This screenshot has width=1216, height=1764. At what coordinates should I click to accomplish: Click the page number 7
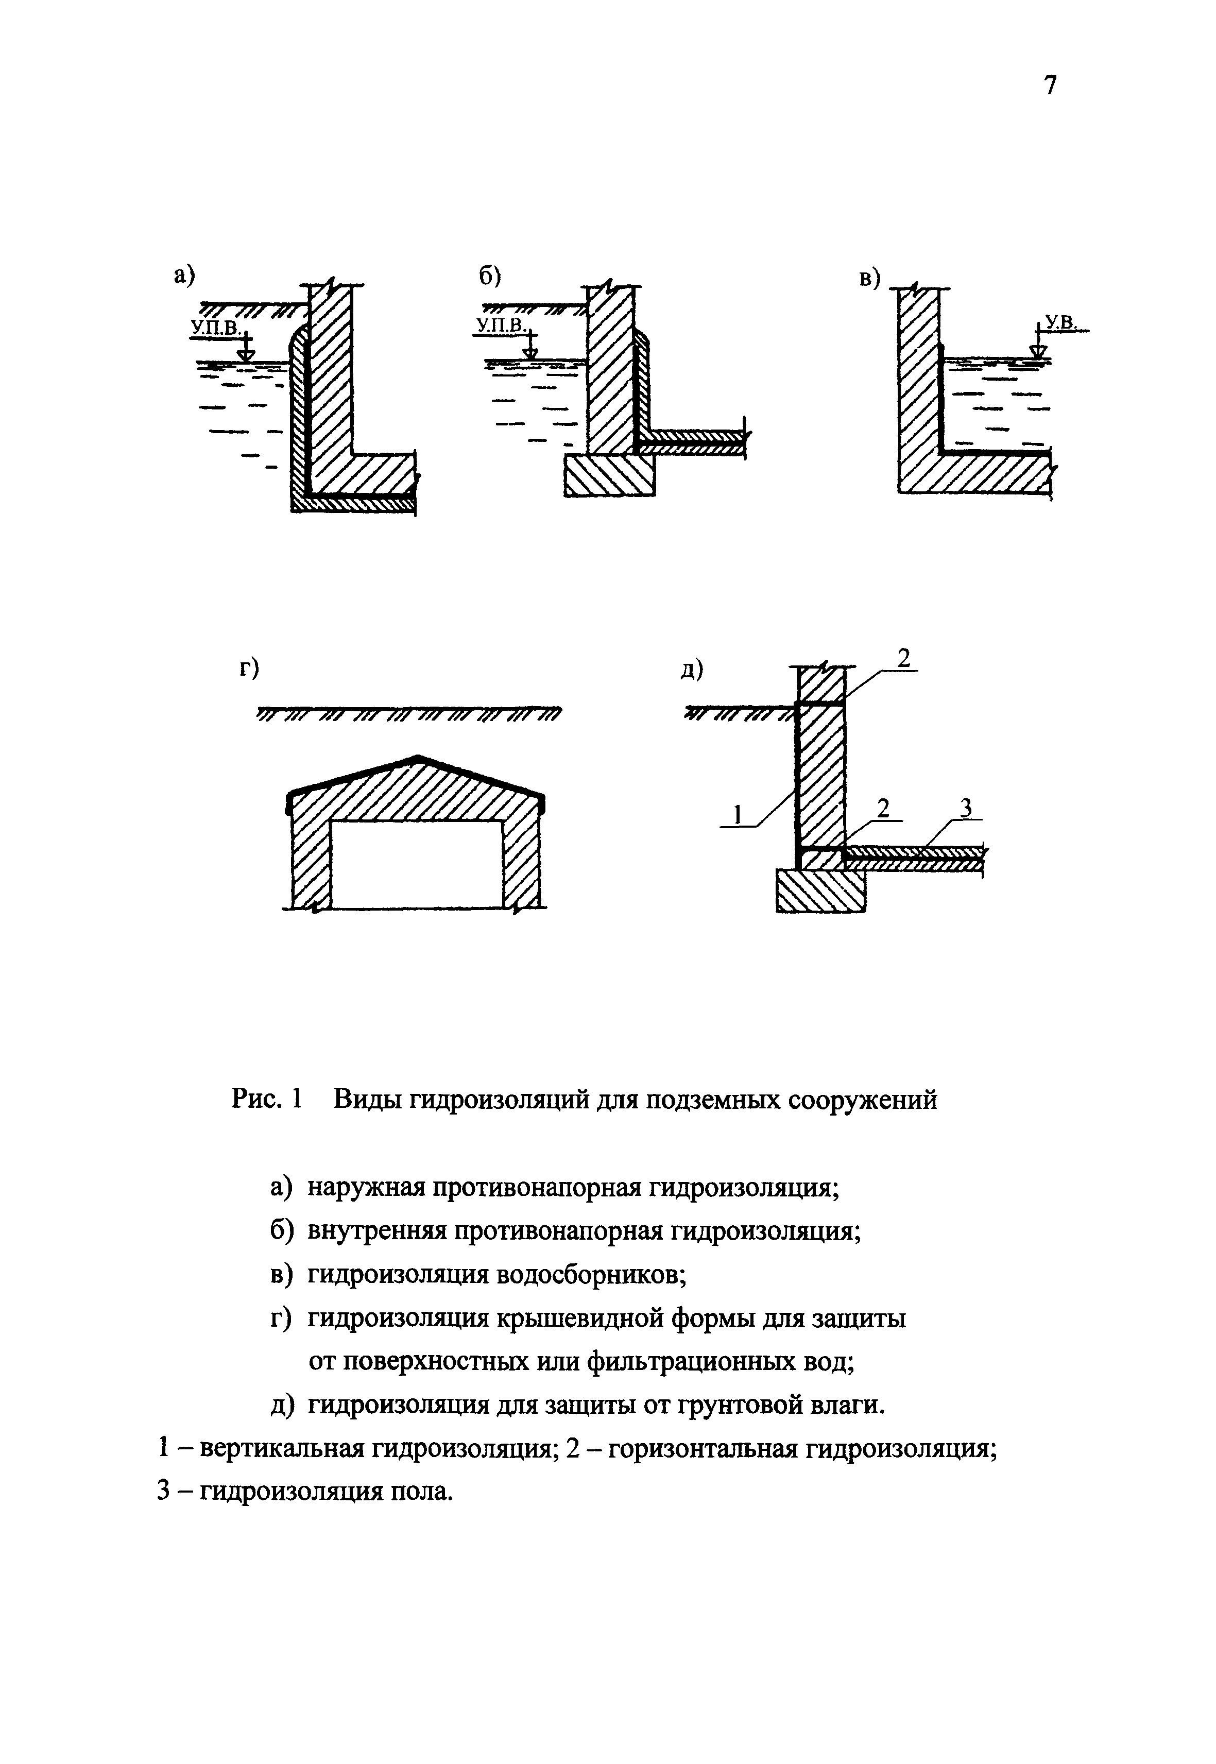pos(1050,85)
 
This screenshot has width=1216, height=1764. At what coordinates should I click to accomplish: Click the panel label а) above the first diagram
pos(184,276)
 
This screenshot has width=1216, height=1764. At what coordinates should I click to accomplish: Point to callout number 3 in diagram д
pos(966,807)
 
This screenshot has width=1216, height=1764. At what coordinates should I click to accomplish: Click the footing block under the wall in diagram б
pos(609,476)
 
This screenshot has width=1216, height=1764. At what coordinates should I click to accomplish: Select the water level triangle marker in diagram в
pos(1037,351)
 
